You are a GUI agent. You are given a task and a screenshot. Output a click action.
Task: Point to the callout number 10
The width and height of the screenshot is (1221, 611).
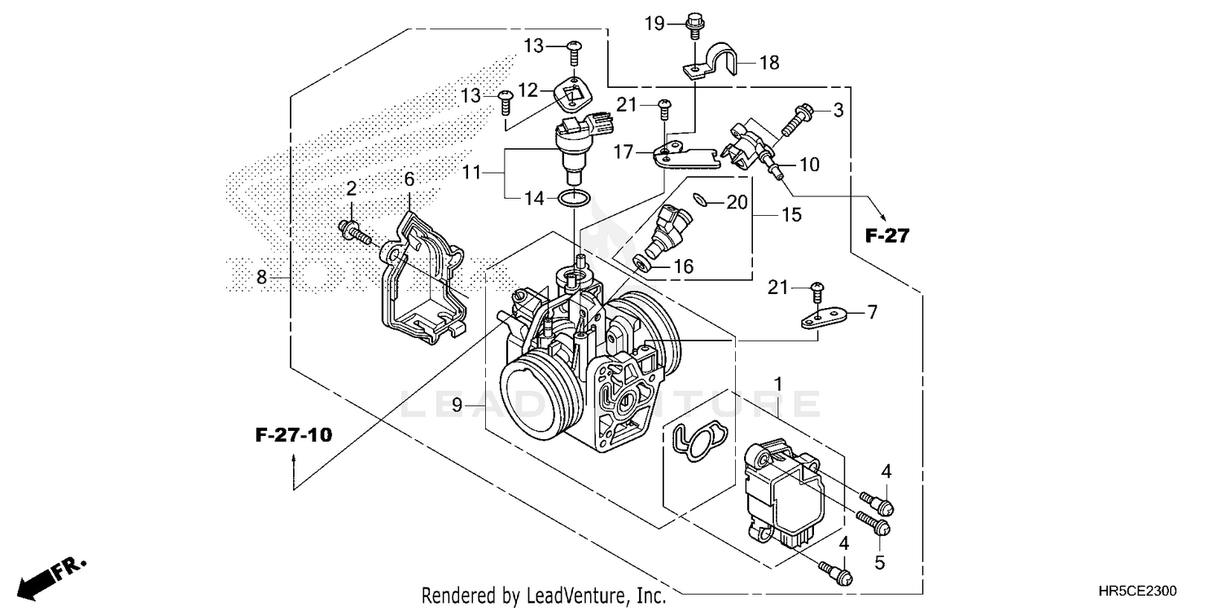click(x=809, y=165)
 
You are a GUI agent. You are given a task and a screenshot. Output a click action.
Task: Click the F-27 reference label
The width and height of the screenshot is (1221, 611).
click(x=886, y=236)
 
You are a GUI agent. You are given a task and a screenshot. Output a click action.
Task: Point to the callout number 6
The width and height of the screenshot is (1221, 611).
click(x=409, y=178)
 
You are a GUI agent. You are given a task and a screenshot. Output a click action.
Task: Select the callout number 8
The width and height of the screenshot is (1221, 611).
click(x=261, y=277)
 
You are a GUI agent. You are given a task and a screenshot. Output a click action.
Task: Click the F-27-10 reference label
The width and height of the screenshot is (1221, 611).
click(x=293, y=435)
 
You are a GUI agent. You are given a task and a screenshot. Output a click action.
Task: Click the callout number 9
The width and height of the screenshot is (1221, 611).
click(x=457, y=404)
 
